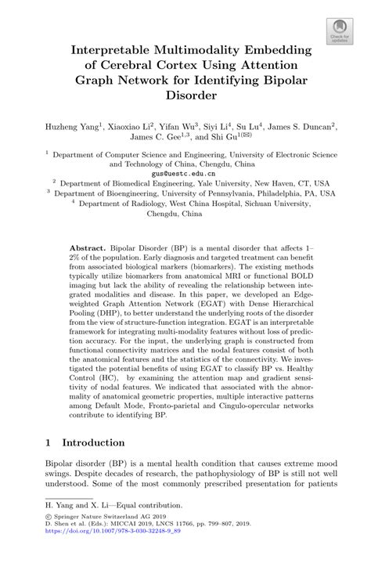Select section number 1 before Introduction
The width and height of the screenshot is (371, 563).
(49, 442)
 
